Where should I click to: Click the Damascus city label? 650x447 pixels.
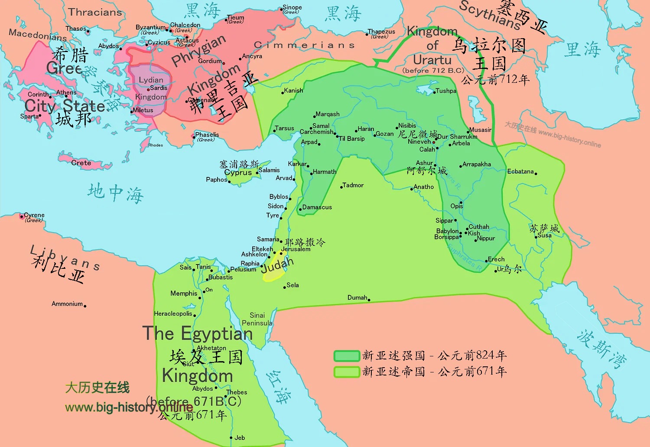[x=317, y=207]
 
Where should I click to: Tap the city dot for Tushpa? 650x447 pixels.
[x=434, y=92]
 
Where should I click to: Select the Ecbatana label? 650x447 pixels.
[x=520, y=171]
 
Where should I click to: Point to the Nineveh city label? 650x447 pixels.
[x=419, y=141]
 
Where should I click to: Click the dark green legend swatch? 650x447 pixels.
[x=347, y=356]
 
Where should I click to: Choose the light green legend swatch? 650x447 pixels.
[x=347, y=372]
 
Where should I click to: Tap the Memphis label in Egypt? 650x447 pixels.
[x=184, y=294]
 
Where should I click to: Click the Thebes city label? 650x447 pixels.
[x=237, y=392]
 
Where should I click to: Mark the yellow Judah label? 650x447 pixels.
[x=277, y=265]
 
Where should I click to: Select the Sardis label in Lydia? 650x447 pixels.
[x=159, y=88]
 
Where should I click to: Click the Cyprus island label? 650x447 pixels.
[x=238, y=172]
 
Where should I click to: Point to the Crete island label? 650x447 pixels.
[x=81, y=163]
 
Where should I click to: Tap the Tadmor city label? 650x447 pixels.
[x=353, y=185]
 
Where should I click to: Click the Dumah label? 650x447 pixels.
[x=357, y=297]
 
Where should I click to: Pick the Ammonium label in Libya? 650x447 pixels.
[x=67, y=304]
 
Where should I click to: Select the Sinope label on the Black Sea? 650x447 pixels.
[x=292, y=7]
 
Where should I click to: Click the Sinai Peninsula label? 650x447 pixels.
[x=257, y=319]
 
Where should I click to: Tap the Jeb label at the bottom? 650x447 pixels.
[x=240, y=437]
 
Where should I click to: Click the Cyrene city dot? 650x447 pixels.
[x=22, y=216]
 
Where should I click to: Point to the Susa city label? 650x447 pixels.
[x=544, y=235]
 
